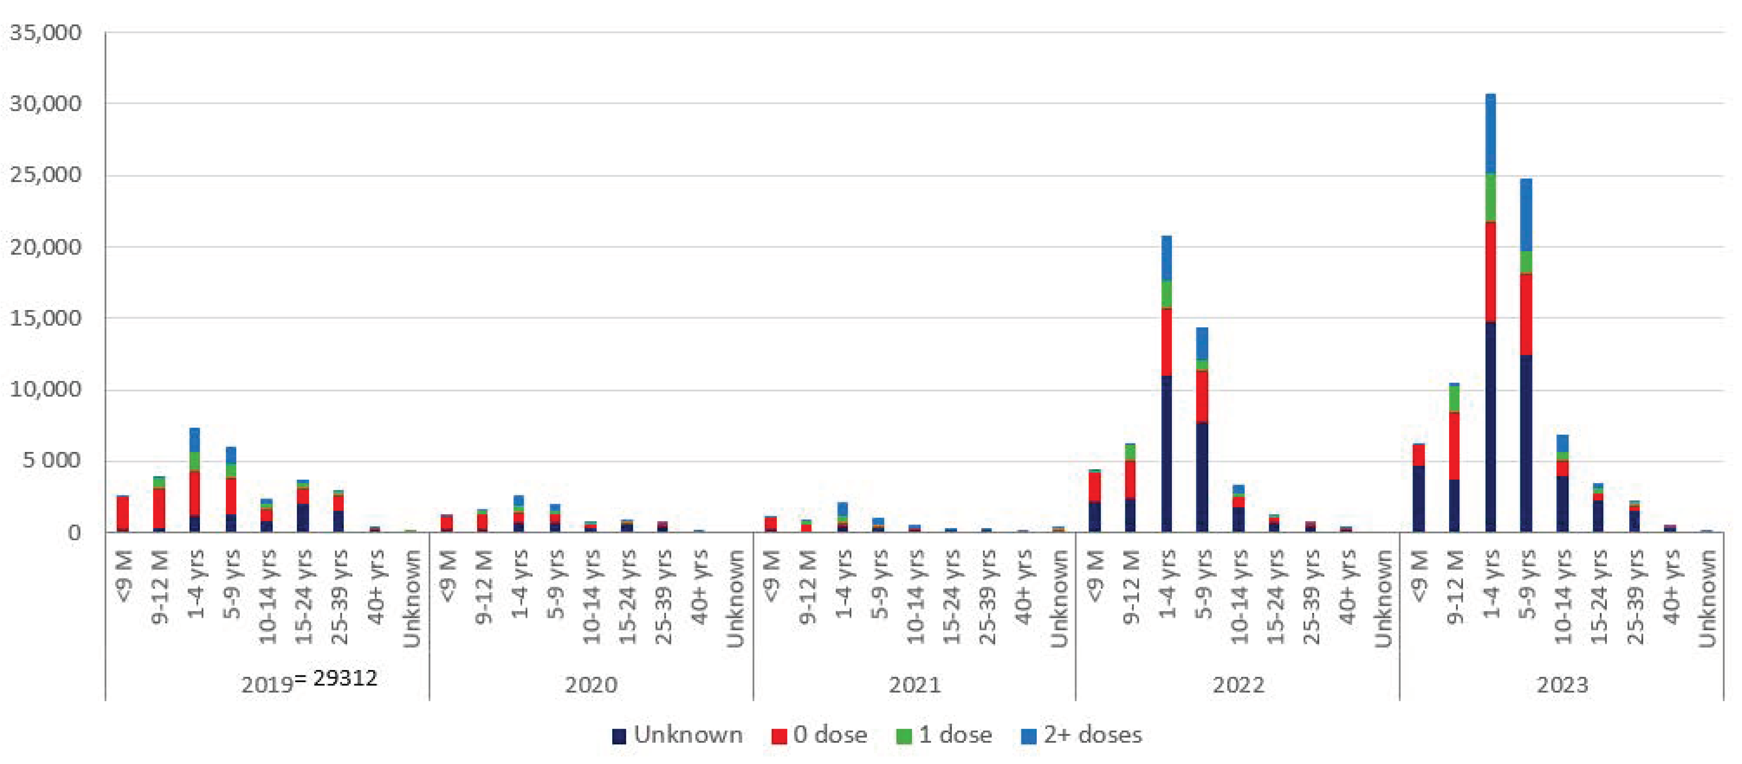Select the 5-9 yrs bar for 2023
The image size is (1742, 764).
tap(1526, 355)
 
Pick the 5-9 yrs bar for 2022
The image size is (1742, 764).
tap(1202, 429)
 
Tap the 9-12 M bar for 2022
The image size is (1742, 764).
tap(1130, 487)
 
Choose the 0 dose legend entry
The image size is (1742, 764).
tap(819, 734)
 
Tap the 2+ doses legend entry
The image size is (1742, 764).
tap(1081, 734)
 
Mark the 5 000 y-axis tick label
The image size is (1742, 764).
tap(51, 461)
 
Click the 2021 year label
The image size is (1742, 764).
tap(914, 685)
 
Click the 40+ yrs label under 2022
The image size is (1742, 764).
tap(1347, 587)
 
